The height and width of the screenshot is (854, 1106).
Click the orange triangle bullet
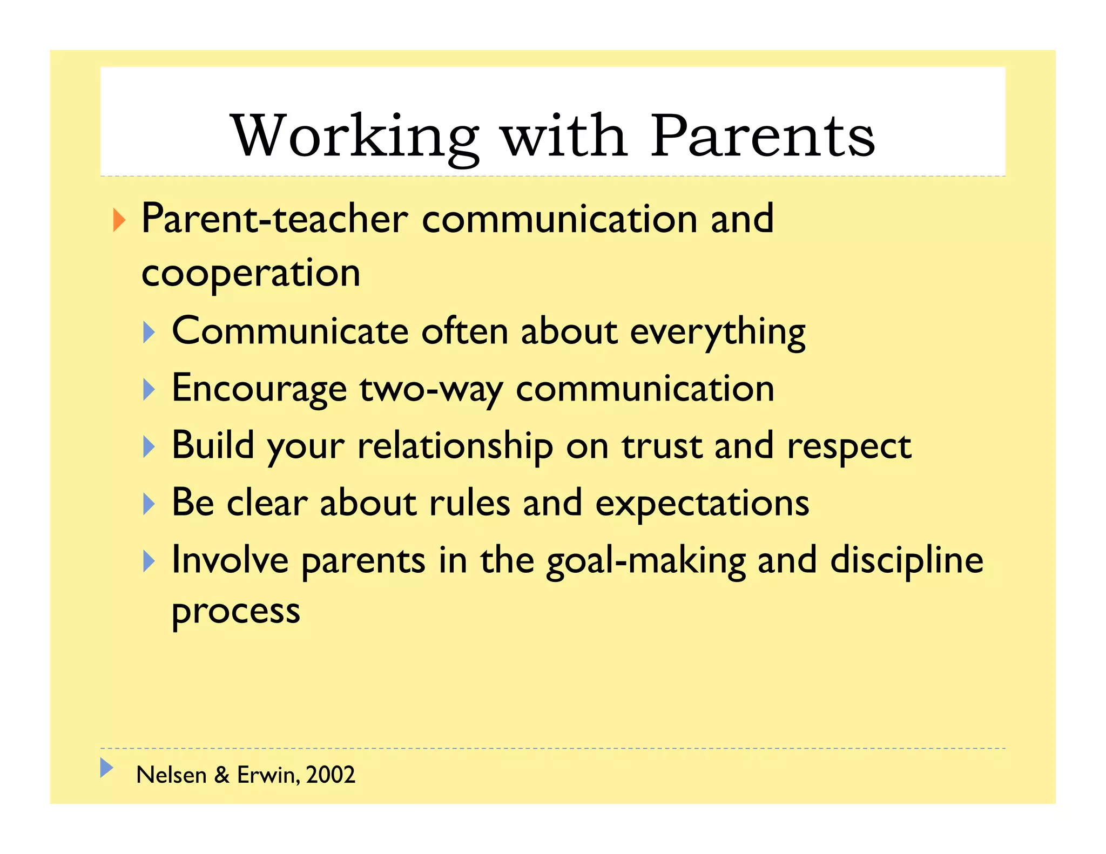click(x=119, y=220)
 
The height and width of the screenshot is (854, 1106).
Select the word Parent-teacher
click(x=274, y=219)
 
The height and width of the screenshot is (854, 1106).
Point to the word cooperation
click(x=251, y=274)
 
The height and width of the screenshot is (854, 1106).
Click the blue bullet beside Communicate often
click(x=149, y=332)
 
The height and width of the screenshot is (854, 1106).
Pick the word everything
click(x=718, y=332)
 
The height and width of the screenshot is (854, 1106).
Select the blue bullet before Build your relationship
click(x=149, y=447)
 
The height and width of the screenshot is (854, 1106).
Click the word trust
click(x=662, y=447)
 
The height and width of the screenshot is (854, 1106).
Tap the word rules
click(x=469, y=503)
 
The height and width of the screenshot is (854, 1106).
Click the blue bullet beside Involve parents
click(x=149, y=561)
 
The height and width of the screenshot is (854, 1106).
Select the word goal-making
click(x=646, y=561)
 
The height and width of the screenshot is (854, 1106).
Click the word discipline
click(x=907, y=560)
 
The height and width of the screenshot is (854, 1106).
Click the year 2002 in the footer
click(x=331, y=775)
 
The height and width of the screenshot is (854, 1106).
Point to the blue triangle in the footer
click(x=106, y=768)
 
